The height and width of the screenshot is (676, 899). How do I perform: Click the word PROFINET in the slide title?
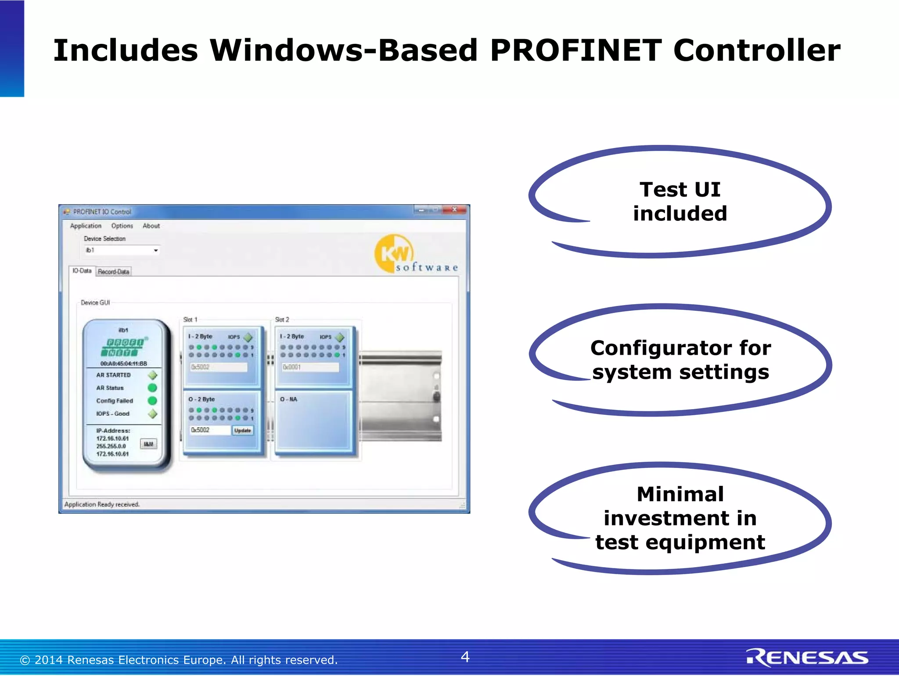coord(575,50)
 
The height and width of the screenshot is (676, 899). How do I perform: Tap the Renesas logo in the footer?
coord(807,658)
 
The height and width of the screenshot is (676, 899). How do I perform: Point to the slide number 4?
coord(465,657)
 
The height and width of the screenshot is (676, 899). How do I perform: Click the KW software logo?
coord(415,254)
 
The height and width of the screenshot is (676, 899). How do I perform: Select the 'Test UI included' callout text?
coord(680,201)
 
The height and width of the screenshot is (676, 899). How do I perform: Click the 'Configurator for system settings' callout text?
coord(680,360)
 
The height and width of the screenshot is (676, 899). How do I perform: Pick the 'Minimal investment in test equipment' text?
coord(680,518)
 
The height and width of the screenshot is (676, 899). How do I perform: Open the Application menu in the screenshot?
coord(86,226)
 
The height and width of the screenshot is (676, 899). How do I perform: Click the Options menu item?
coord(122,226)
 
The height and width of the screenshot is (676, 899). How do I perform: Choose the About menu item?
coord(151,226)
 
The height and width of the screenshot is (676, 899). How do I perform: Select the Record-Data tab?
coord(113,272)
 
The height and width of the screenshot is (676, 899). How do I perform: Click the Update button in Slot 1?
coord(242,431)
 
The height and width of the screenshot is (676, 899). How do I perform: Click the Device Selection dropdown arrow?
coord(156,251)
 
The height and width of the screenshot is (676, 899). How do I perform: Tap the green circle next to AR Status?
coord(152,388)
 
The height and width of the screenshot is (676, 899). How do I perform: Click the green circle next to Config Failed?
coord(152,401)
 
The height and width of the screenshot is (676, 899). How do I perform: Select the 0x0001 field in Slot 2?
coord(310,367)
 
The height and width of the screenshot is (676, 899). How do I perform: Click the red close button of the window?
coord(455,210)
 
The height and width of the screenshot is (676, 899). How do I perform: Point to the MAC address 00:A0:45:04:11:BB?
coord(123,363)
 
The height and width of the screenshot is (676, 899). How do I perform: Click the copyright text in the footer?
coord(179,660)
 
